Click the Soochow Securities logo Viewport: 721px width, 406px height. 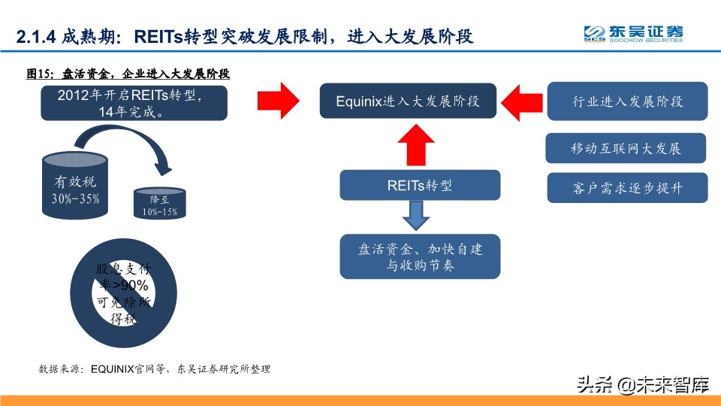[x=634, y=34]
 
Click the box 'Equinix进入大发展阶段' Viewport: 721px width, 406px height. [x=408, y=101]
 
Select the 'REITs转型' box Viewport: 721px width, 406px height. [x=420, y=185]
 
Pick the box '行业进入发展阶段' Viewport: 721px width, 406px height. [x=627, y=101]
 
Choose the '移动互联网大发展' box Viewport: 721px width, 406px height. [x=626, y=148]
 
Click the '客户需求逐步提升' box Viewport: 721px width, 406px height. [x=627, y=187]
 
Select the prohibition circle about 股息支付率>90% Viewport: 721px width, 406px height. [x=124, y=293]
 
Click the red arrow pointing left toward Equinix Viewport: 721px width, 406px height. [x=521, y=100]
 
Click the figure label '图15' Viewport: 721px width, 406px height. [x=38, y=74]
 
